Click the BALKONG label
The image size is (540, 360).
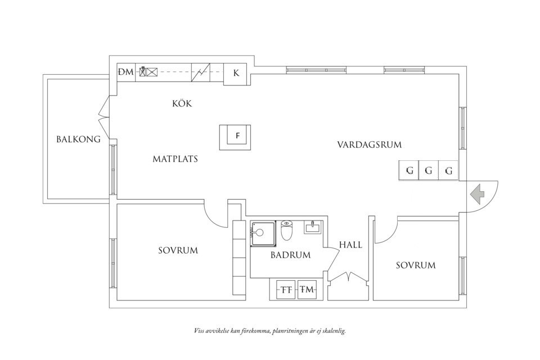point(78,139)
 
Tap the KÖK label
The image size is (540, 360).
point(182,103)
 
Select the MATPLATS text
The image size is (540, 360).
point(175,159)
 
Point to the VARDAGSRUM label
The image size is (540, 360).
point(369,145)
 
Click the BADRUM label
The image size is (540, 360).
point(290,255)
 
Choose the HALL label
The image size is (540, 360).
point(350,245)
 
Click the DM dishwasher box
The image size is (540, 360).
point(126,72)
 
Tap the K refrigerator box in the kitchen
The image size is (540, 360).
point(236,73)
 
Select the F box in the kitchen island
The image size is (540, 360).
point(237,136)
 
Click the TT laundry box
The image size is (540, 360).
point(286,290)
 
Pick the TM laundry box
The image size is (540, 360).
point(307,290)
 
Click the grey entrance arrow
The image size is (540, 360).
point(477,195)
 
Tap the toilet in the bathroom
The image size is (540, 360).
point(286,230)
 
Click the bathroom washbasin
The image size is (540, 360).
point(312,227)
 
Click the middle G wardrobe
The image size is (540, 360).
point(429,170)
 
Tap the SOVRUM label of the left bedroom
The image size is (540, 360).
point(178,250)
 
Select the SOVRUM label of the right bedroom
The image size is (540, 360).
point(415,265)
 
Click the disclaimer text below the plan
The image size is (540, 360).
point(269,331)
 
